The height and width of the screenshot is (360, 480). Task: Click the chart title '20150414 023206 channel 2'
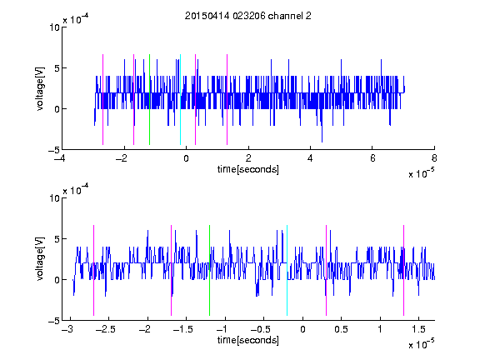click(248, 16)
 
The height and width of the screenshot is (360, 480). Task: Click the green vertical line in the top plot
click(149, 99)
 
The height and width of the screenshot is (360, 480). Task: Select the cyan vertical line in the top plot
click(180, 99)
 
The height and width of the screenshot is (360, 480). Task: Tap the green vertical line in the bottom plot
click(209, 270)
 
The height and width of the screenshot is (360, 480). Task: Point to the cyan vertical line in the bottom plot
click(287, 270)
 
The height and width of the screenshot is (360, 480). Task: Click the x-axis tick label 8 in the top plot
click(434, 158)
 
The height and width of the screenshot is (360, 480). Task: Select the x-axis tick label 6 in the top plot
click(372, 158)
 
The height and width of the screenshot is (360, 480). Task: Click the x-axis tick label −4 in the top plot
click(61, 158)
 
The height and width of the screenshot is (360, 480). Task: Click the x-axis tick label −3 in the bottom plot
click(68, 329)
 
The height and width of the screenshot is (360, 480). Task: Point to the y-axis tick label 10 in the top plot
click(54, 27)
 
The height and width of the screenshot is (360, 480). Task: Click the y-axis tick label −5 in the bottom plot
click(54, 321)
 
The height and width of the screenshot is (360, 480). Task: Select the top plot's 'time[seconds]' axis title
click(248, 169)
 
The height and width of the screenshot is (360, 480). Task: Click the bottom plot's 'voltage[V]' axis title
click(40, 258)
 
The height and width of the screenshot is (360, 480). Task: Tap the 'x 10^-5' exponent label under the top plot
click(421, 173)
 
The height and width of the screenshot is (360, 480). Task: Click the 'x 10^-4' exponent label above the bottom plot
click(76, 190)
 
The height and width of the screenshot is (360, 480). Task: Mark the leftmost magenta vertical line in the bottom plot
click(93, 270)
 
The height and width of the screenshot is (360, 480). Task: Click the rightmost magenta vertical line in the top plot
click(227, 99)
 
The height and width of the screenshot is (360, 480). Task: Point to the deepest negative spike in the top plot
click(322, 142)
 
